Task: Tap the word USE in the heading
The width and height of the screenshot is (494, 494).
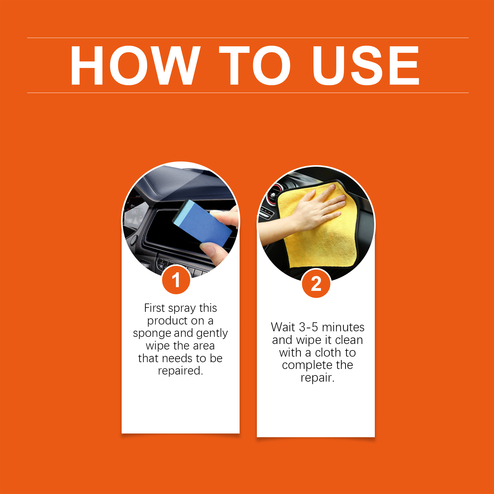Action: (366, 65)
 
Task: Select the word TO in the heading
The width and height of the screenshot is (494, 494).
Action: (255, 65)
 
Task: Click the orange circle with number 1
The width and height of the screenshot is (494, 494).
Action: (176, 280)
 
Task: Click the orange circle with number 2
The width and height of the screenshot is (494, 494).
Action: (316, 283)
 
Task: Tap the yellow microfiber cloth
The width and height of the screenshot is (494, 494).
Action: (318, 225)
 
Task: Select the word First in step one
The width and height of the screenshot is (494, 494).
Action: (155, 308)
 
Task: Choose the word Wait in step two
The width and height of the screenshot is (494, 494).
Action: (283, 327)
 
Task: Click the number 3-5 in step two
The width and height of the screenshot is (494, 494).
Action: (308, 327)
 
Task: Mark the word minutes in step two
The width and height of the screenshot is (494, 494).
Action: (343, 327)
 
